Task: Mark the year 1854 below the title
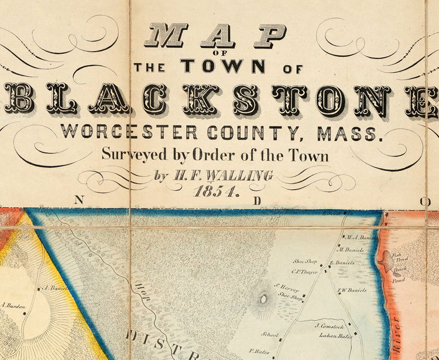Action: pos(215,191)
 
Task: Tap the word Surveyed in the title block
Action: pos(128,155)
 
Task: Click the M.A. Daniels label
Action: pos(359,238)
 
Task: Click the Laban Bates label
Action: pos(330,336)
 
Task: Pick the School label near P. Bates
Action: pos(270,335)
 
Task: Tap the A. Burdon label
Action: pos(12,305)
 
